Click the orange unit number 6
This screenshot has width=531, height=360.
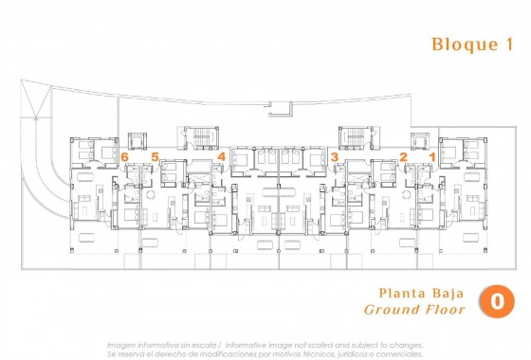(124, 156)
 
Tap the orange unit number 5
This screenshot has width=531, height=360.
(155, 156)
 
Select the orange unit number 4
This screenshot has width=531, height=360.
(222, 156)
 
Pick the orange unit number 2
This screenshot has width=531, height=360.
(403, 156)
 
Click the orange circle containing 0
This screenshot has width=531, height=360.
(497, 301)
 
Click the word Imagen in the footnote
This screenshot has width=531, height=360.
(121, 345)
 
